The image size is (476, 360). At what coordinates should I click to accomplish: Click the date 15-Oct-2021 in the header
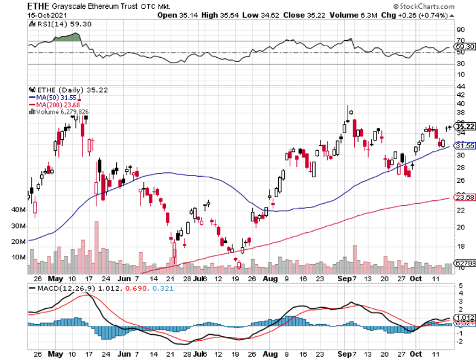(46, 15)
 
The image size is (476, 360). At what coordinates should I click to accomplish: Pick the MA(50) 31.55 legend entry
(53, 97)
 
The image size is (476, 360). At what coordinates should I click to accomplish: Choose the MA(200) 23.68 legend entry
(55, 105)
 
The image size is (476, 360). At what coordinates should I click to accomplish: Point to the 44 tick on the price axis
(459, 86)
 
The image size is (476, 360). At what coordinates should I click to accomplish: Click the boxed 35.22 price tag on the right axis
(462, 126)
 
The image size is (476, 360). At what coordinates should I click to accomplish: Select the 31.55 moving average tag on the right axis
(462, 146)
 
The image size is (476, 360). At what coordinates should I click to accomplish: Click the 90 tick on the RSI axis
(459, 29)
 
